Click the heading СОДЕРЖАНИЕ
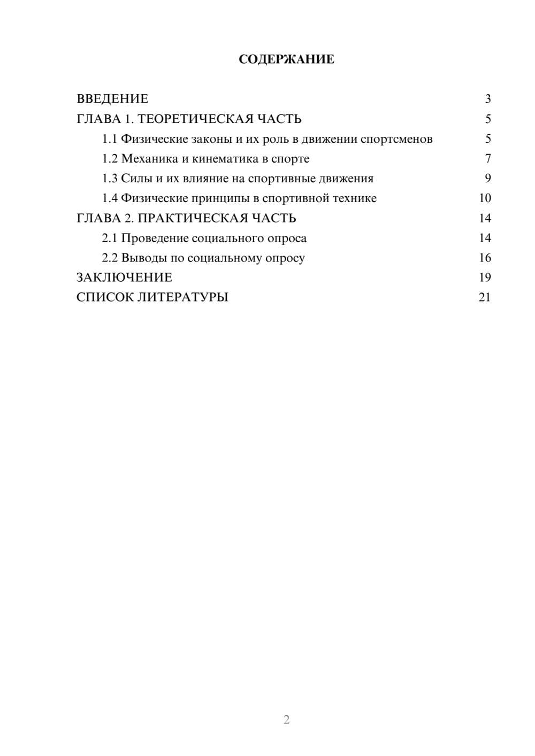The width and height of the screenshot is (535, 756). (286, 59)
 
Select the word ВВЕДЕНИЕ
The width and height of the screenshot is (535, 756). (112, 99)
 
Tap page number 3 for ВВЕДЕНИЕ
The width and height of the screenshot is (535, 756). (487, 99)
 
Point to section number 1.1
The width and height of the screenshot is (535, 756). (110, 139)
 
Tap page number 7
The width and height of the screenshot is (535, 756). (487, 159)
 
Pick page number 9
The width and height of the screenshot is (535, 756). (487, 179)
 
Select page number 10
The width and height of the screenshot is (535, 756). (485, 198)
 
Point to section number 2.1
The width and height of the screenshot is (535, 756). (110, 238)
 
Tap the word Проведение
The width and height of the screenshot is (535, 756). (155, 238)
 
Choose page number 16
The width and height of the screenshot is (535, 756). (485, 258)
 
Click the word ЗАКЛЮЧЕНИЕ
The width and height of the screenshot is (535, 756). (124, 277)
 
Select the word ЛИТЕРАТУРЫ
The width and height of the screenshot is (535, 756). (184, 297)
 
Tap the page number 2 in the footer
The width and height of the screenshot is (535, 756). (286, 720)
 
